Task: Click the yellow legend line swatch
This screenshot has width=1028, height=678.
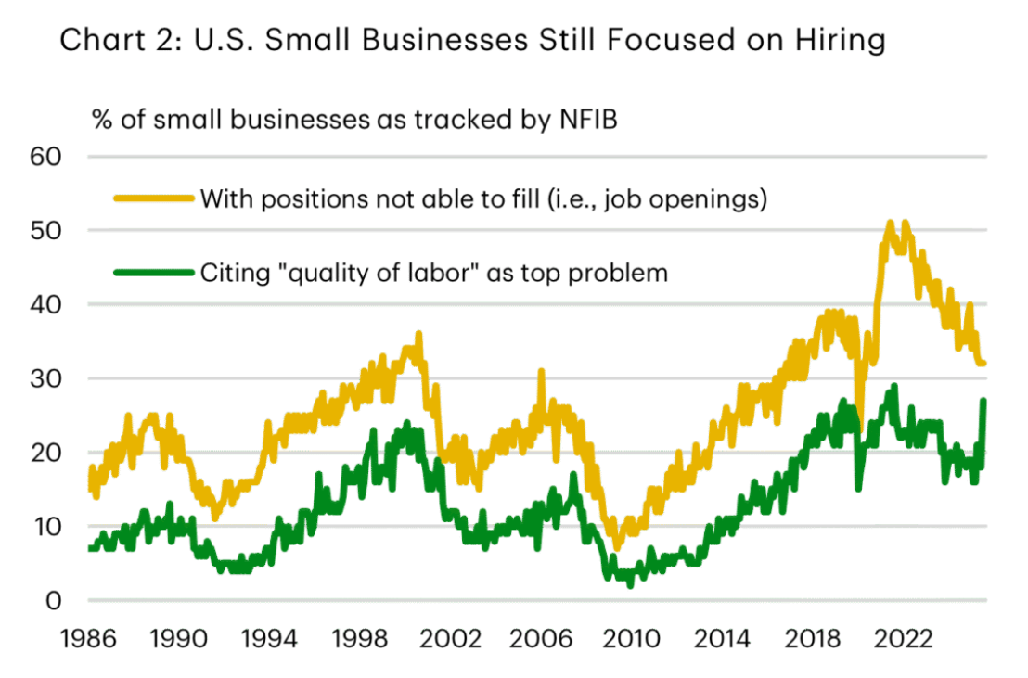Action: tap(153, 198)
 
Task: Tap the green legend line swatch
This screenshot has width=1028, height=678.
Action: tap(153, 273)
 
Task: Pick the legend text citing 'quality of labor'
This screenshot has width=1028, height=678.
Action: tap(433, 274)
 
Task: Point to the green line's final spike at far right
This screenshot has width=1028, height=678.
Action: tap(983, 401)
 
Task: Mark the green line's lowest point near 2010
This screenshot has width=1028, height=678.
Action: tap(631, 585)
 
